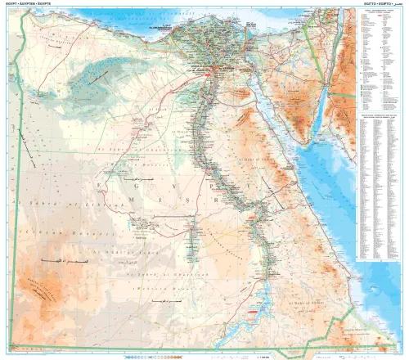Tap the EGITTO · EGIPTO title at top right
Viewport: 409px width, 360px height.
380,5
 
